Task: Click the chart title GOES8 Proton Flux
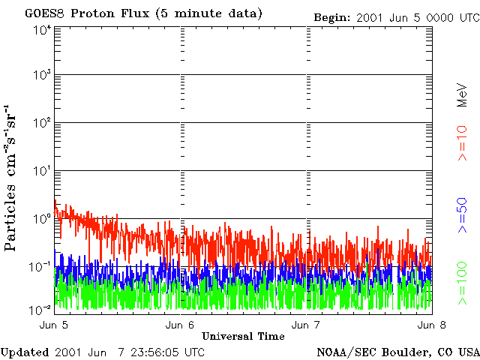pos(143,13)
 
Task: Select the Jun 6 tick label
pos(180,325)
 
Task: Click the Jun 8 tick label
pos(427,325)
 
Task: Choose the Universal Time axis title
pos(243,335)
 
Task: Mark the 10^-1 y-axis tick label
pos(41,266)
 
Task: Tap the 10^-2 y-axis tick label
pos(41,307)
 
